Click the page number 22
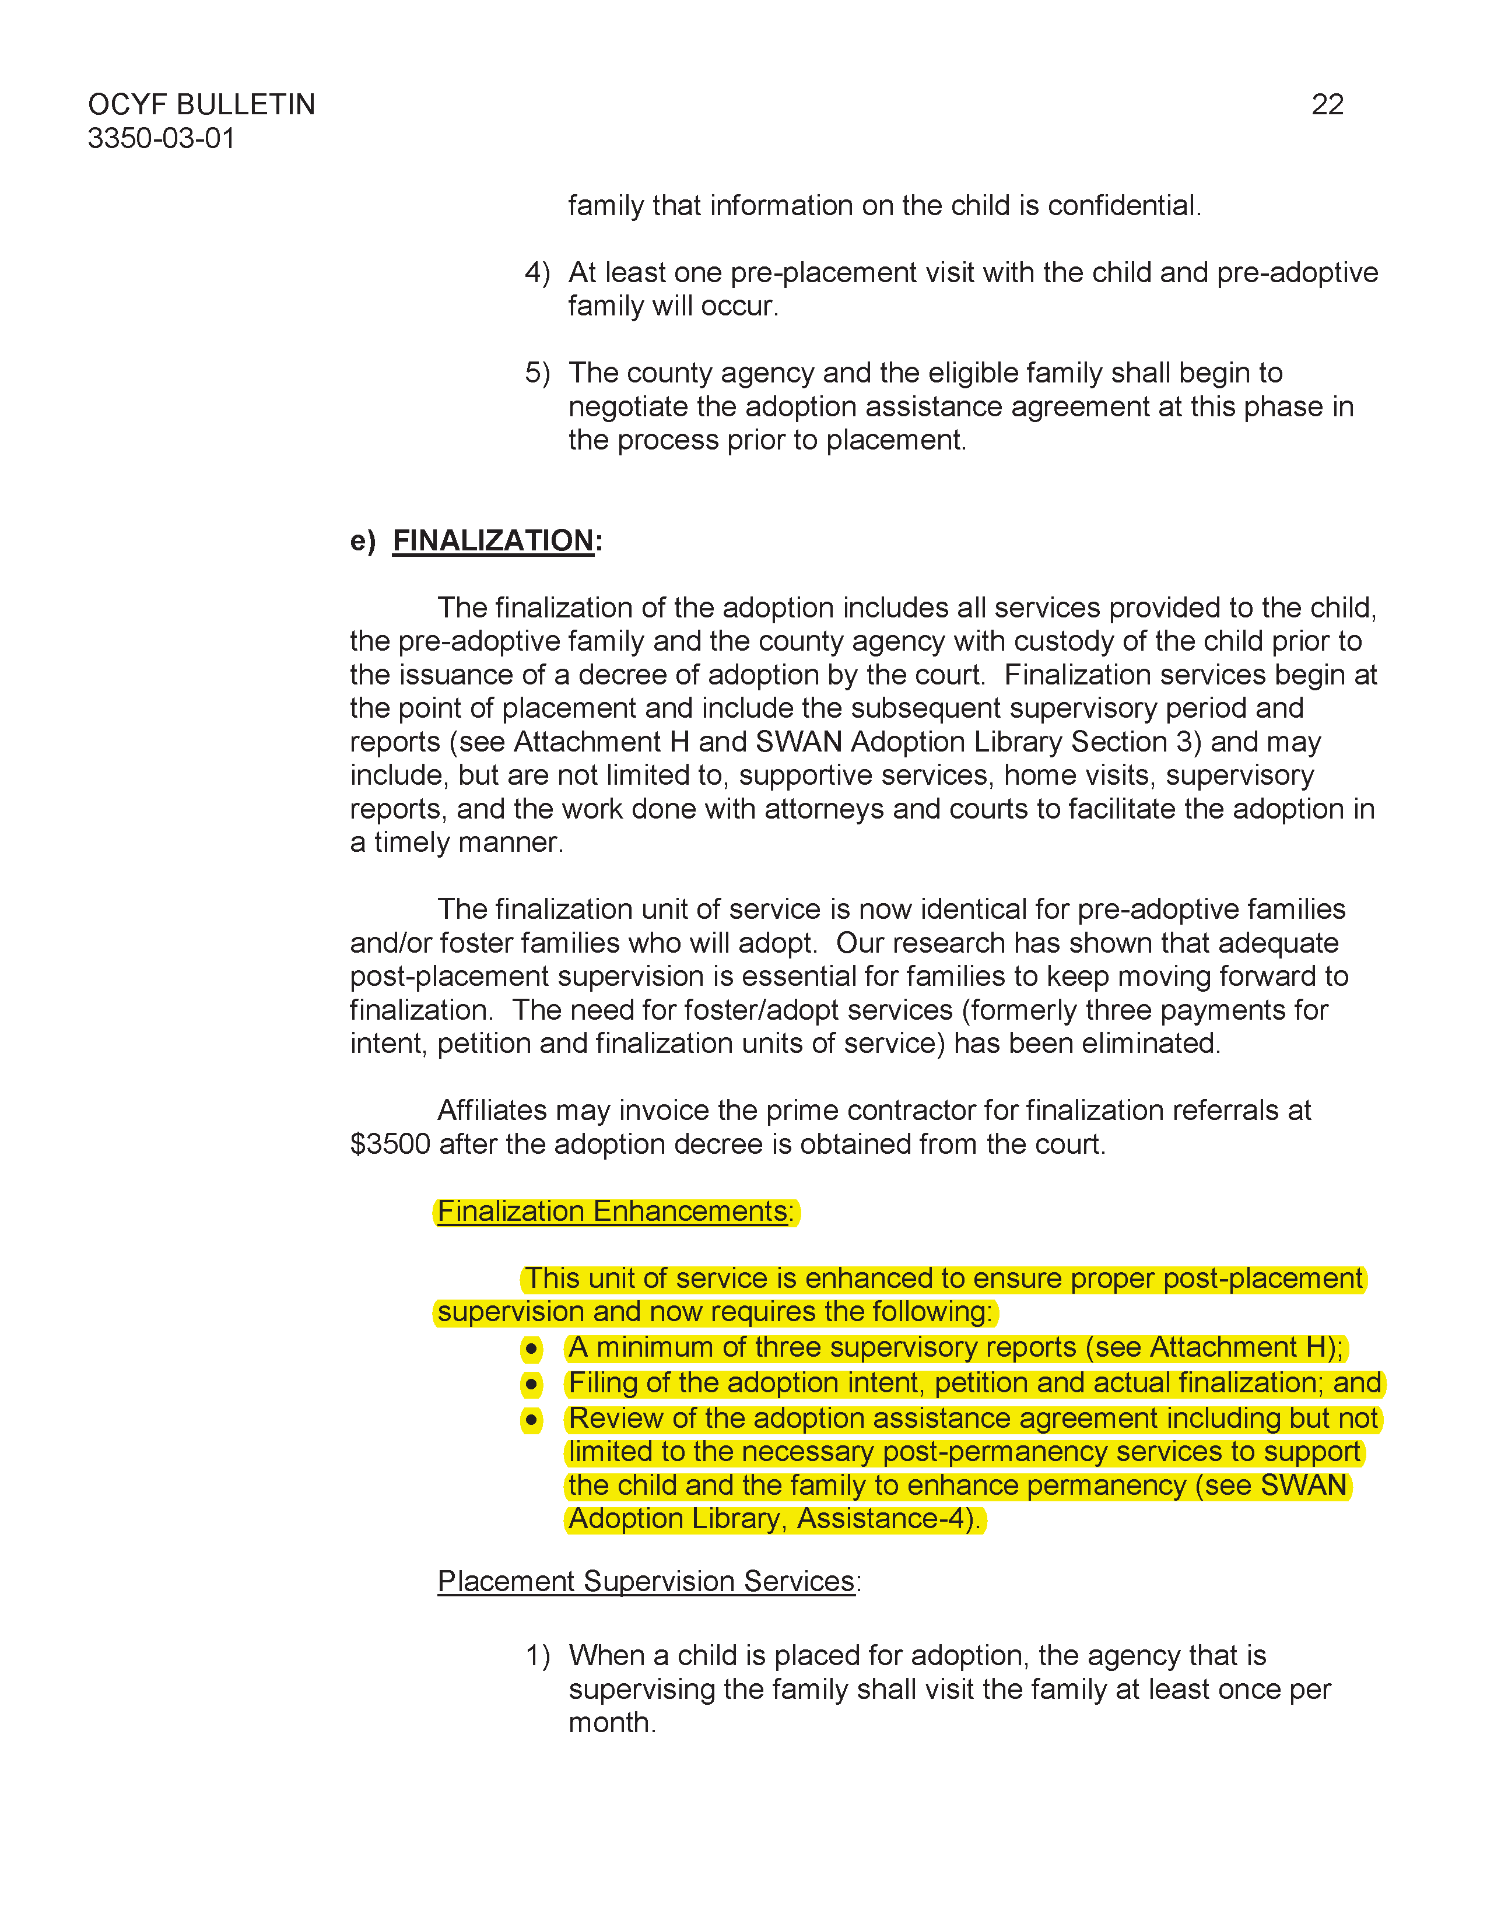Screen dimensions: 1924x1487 coord(1327,105)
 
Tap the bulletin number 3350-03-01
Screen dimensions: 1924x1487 coord(161,138)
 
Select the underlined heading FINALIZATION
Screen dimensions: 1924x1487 coord(492,540)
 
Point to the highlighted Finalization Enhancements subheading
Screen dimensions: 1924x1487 coord(615,1212)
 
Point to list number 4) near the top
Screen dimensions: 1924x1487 coord(536,272)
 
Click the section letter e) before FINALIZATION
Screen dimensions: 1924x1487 coord(362,540)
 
